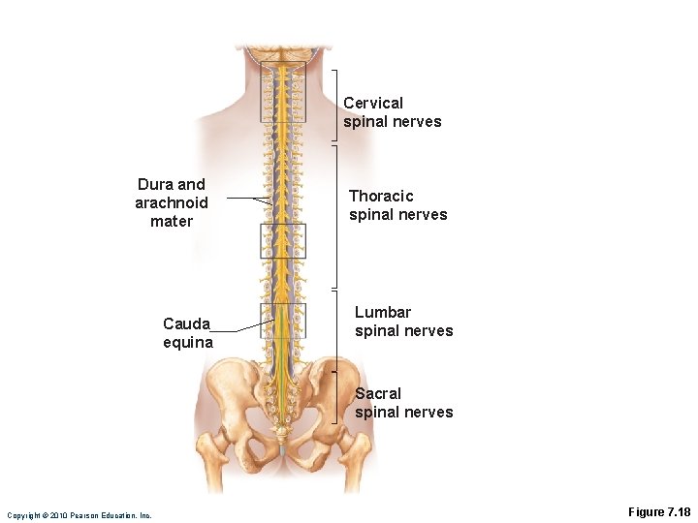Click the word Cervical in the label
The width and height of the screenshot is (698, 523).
(373, 103)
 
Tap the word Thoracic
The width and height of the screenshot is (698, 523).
(381, 196)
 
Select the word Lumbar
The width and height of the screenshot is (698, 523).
(383, 312)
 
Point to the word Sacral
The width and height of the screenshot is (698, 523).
(378, 393)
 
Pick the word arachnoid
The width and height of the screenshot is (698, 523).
(172, 202)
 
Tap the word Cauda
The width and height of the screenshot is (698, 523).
(186, 323)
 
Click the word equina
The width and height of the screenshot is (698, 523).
(188, 342)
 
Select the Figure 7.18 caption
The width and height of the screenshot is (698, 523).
(659, 511)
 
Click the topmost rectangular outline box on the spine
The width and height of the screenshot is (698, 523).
(282, 91)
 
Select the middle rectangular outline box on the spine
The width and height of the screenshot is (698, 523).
(282, 240)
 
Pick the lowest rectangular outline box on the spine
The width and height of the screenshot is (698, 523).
(282, 320)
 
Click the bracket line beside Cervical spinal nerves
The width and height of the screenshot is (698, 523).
(336, 107)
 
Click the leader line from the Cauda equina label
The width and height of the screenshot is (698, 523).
(238, 329)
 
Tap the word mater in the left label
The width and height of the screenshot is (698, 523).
(172, 221)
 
